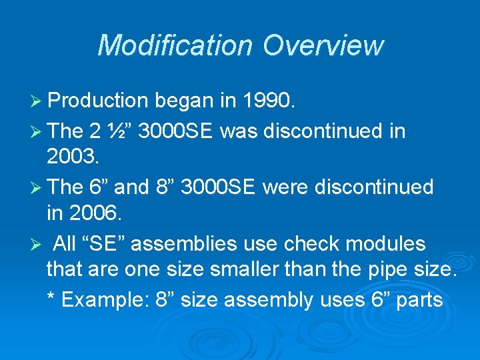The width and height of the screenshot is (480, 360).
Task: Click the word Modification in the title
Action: (175, 45)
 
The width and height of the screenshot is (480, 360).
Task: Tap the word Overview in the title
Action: (323, 45)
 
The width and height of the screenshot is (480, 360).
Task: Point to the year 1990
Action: (267, 101)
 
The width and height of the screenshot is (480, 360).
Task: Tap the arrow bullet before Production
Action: (38, 101)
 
